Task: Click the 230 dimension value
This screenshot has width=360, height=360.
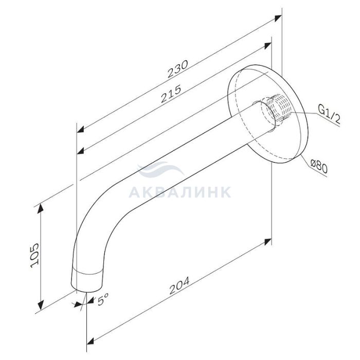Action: point(178,68)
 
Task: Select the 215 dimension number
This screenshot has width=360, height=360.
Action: point(171,94)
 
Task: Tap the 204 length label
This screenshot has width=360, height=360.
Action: point(179,285)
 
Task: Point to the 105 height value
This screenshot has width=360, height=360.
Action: point(34,255)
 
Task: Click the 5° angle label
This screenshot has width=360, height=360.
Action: point(103,299)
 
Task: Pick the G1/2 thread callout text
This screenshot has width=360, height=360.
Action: point(329,114)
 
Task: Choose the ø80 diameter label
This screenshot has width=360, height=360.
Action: point(318,166)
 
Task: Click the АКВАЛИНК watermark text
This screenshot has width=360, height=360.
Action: point(180,192)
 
